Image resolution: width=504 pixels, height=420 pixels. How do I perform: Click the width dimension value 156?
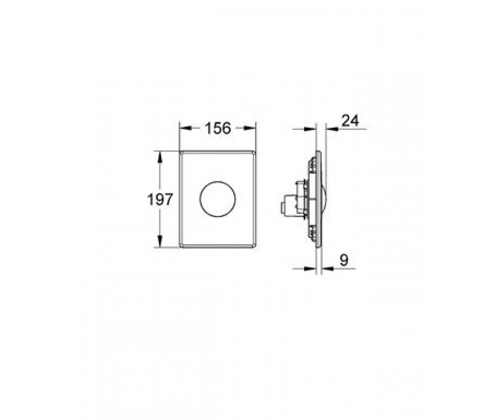coord(218,128)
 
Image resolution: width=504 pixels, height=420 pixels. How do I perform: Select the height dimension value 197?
coord(160,199)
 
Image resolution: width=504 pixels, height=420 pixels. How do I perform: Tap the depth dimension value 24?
coord(350,121)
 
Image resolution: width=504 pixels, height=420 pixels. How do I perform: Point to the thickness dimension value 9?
coord(344,260)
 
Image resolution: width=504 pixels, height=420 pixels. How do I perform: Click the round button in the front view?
coord(218,199)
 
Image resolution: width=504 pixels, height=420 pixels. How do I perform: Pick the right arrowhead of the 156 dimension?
coord(249,129)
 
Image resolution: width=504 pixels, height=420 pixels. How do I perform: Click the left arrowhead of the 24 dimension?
coord(310,129)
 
